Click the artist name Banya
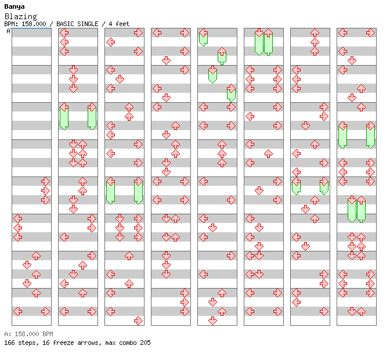coord(15,7)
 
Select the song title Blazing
coord(21,16)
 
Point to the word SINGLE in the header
coord(88,24)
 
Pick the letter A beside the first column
coord(9,31)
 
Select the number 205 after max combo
coord(145,343)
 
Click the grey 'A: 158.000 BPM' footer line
coord(28,334)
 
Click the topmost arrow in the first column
coord(45,181)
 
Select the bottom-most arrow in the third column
coord(138,321)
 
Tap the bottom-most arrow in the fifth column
coord(212,321)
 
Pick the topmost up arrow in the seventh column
coord(315,33)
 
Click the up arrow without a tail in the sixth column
coord(268,153)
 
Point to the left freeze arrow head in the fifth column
coord(204,33)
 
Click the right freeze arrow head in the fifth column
coord(232,89)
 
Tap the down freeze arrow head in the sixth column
coord(259,33)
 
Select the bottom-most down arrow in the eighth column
coord(352,311)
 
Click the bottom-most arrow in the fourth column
coord(185,311)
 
